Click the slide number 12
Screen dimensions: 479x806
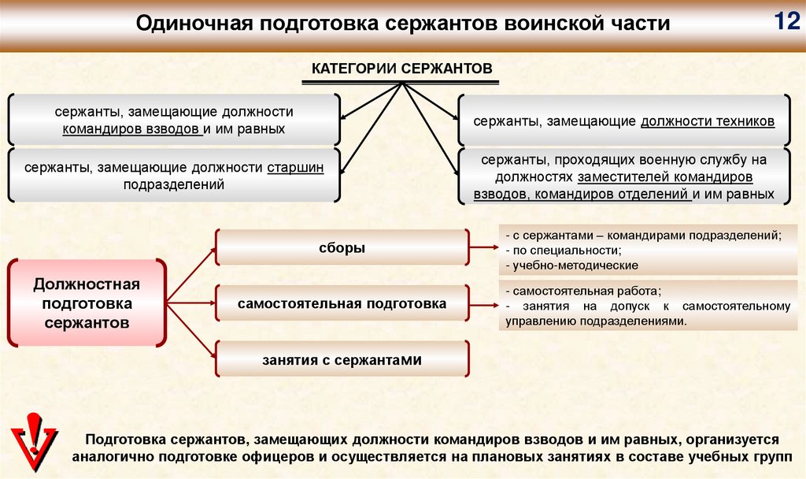click(785, 21)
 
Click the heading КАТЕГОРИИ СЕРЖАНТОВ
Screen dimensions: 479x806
click(402, 69)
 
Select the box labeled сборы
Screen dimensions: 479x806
click(342, 247)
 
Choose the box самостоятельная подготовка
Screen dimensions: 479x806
click(342, 303)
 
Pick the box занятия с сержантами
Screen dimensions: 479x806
click(342, 359)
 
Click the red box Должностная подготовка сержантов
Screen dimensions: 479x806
click(87, 303)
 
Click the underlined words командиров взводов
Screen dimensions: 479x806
click(131, 128)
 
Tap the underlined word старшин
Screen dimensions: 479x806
click(295, 168)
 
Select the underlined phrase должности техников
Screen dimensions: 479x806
click(708, 121)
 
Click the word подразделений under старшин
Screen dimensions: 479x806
click(174, 184)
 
